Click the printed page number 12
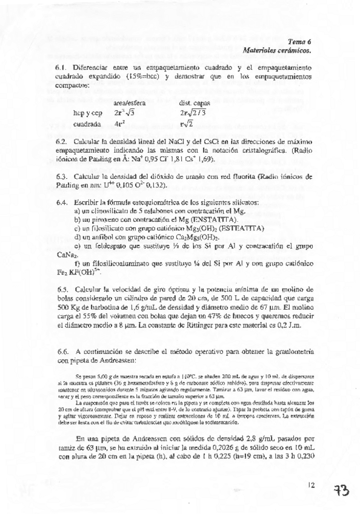pos(312,484)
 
